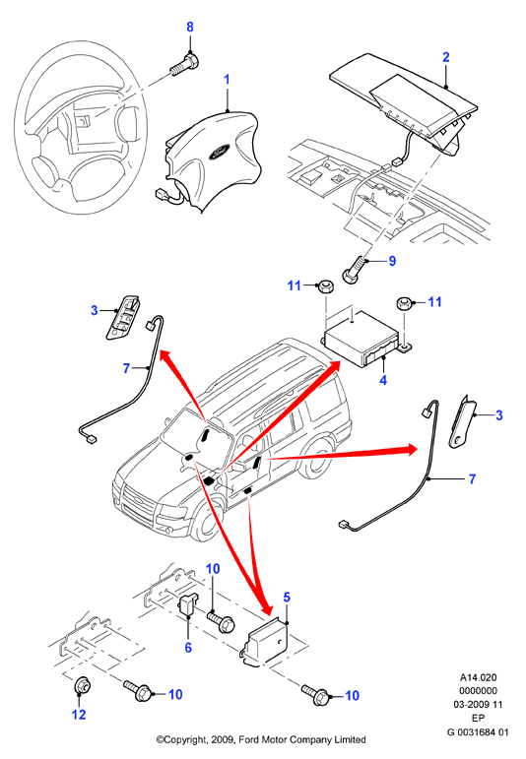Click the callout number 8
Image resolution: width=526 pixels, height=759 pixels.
(x=190, y=28)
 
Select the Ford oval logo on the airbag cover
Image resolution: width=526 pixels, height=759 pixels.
(x=222, y=152)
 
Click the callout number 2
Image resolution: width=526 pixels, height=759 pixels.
(x=446, y=57)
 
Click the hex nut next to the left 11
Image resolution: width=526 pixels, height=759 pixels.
(x=324, y=286)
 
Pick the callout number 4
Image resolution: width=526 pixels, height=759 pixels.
(x=383, y=380)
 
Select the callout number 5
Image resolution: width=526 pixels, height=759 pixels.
(x=287, y=598)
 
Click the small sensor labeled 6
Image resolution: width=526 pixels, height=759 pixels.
(x=187, y=604)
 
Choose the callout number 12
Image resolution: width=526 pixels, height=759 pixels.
(x=79, y=714)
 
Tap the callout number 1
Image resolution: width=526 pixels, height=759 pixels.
(x=228, y=80)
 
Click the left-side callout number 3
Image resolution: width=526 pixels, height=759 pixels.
(x=95, y=310)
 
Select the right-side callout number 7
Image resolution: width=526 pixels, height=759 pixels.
(x=472, y=478)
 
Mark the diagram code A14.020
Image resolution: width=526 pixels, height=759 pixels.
(x=478, y=677)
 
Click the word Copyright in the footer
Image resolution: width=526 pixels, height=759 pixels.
(x=186, y=740)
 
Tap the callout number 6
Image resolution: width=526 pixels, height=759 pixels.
(x=188, y=647)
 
